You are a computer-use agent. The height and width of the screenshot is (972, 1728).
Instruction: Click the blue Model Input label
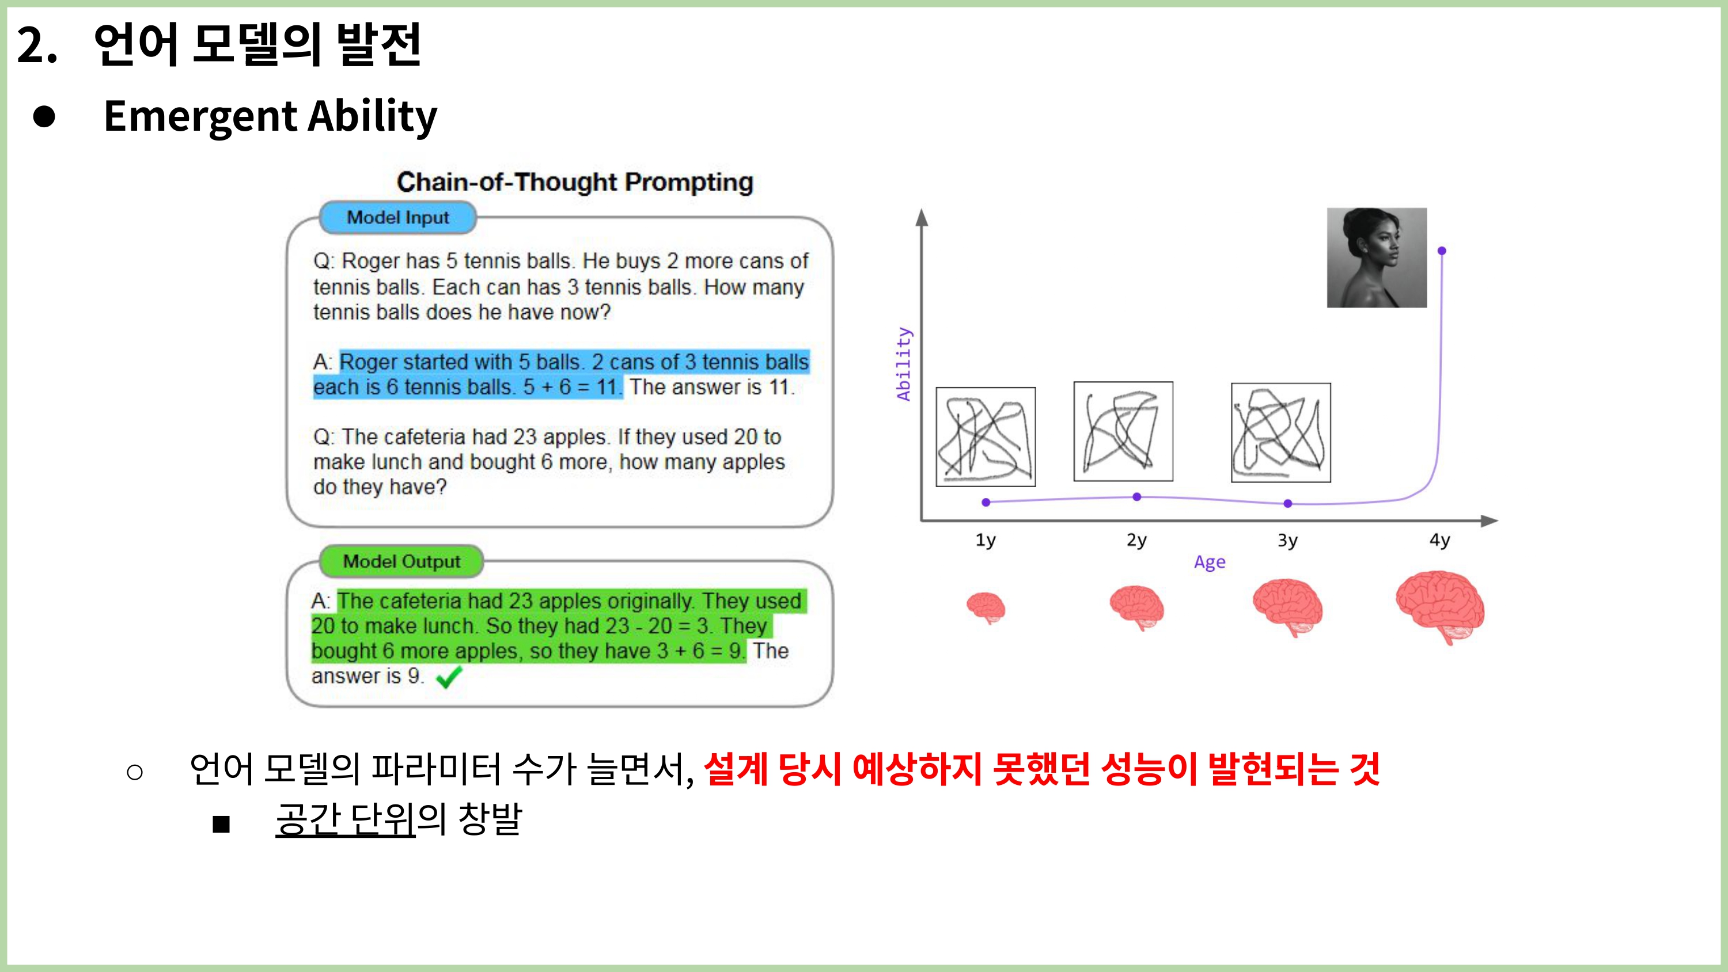tap(398, 217)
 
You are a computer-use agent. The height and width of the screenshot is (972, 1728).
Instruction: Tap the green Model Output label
tap(401, 561)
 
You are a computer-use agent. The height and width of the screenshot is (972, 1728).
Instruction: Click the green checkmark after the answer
tap(449, 677)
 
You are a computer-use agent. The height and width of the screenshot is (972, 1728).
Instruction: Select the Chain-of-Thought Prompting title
tap(575, 183)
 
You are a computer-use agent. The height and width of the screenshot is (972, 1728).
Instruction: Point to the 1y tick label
tap(986, 540)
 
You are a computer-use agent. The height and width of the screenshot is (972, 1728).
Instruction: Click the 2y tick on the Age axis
tap(1136, 540)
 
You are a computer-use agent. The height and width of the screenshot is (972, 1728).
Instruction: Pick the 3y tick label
tap(1287, 540)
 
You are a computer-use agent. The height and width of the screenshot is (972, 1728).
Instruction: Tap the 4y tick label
tap(1439, 540)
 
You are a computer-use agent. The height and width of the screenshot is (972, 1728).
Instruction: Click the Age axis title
tap(1210, 562)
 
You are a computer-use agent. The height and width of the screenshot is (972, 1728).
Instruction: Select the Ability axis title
tap(904, 363)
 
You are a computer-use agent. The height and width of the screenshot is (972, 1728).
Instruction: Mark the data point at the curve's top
tap(1442, 251)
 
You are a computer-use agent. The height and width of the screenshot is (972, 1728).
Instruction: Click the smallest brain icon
tap(986, 607)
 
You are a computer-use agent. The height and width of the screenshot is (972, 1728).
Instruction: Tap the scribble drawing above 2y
tap(1124, 431)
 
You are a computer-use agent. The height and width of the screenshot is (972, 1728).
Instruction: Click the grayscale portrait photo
tap(1377, 257)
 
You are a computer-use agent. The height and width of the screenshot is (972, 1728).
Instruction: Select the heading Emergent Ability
tap(270, 117)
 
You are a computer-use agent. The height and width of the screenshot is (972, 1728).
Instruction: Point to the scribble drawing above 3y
tap(1281, 432)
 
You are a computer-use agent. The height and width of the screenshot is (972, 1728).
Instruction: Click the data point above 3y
tap(1288, 504)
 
